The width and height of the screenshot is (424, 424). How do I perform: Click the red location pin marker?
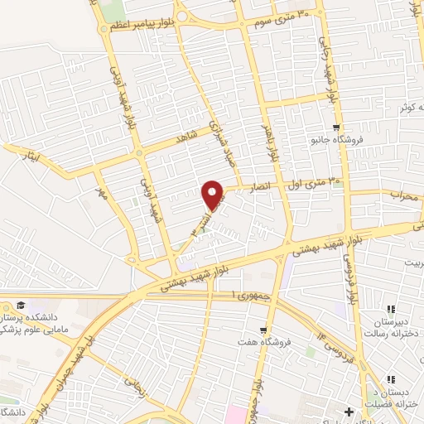[214, 195]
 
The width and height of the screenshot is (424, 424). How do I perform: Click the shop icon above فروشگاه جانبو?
[335, 128]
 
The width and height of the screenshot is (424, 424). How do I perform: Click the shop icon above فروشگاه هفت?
[263, 330]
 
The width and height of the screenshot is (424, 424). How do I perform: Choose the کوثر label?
[405, 108]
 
